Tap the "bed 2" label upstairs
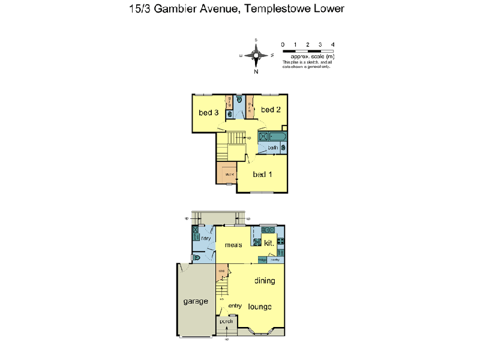pos(271,109)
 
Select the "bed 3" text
pos(208,112)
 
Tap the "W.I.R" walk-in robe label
pos(228,175)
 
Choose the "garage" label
pos(196,301)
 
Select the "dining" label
pos(265,280)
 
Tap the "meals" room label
pos(233,245)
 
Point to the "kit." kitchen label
pos(269,243)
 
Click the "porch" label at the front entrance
pos(226,322)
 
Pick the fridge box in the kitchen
pos(262,260)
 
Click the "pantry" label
pos(275,260)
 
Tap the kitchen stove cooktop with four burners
pos(281,243)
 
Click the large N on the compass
pos(256,71)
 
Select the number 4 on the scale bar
pos(332,44)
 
